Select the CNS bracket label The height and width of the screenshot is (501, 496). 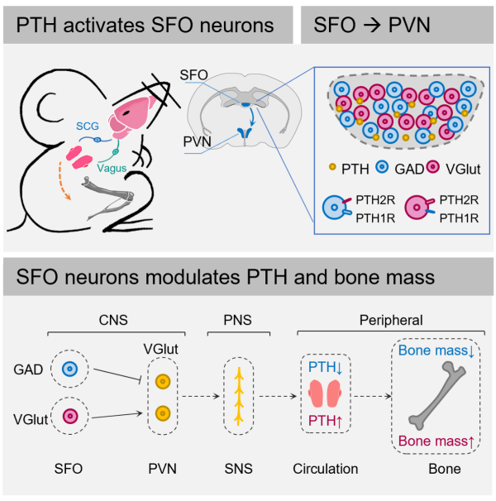pyautogui.click(x=112, y=319)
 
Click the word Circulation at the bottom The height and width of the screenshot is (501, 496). pyautogui.click(x=325, y=469)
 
